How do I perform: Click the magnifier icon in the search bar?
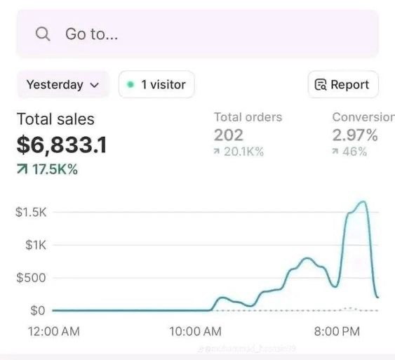click(x=43, y=34)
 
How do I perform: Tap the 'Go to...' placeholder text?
click(x=92, y=34)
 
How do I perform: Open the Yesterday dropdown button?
click(x=63, y=85)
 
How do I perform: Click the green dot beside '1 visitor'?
click(x=130, y=85)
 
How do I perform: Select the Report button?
click(x=343, y=85)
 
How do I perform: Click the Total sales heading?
click(x=55, y=119)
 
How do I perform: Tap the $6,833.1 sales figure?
click(x=62, y=145)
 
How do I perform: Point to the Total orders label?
click(x=248, y=117)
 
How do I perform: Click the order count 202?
click(x=229, y=135)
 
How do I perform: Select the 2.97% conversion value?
click(x=355, y=135)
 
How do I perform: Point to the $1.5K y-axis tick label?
click(x=31, y=213)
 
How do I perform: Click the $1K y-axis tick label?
click(x=34, y=246)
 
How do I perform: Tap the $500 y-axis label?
click(x=31, y=278)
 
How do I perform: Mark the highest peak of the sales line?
click(x=362, y=202)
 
